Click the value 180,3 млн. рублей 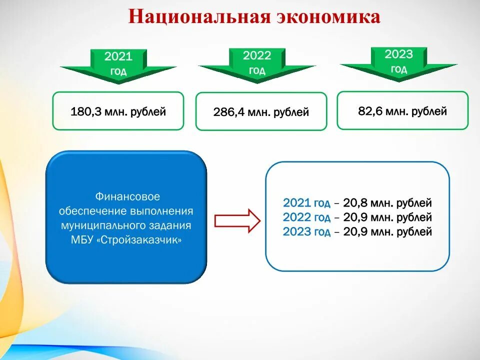[118, 111]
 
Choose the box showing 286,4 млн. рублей [261, 112]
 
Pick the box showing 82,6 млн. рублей [402, 111]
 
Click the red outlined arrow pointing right [237, 220]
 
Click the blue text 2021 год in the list [306, 203]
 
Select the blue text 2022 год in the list [306, 217]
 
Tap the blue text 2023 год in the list [306, 232]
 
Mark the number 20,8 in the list [354, 203]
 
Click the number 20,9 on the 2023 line [354, 232]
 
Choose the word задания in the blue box [173, 226]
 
